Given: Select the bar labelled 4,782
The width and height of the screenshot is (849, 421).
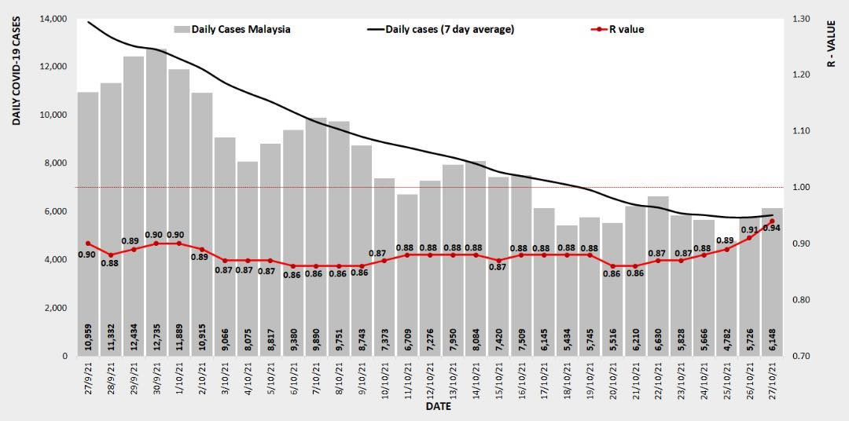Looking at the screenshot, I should pos(726,298).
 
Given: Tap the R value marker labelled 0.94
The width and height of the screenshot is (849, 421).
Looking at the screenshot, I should pos(773,221).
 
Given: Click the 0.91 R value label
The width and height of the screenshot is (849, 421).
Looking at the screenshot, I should pos(749,230).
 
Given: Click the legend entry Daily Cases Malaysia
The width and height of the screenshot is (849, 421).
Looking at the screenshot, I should pos(232,30).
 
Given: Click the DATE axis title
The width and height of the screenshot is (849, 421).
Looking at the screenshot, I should pos(438,408).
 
